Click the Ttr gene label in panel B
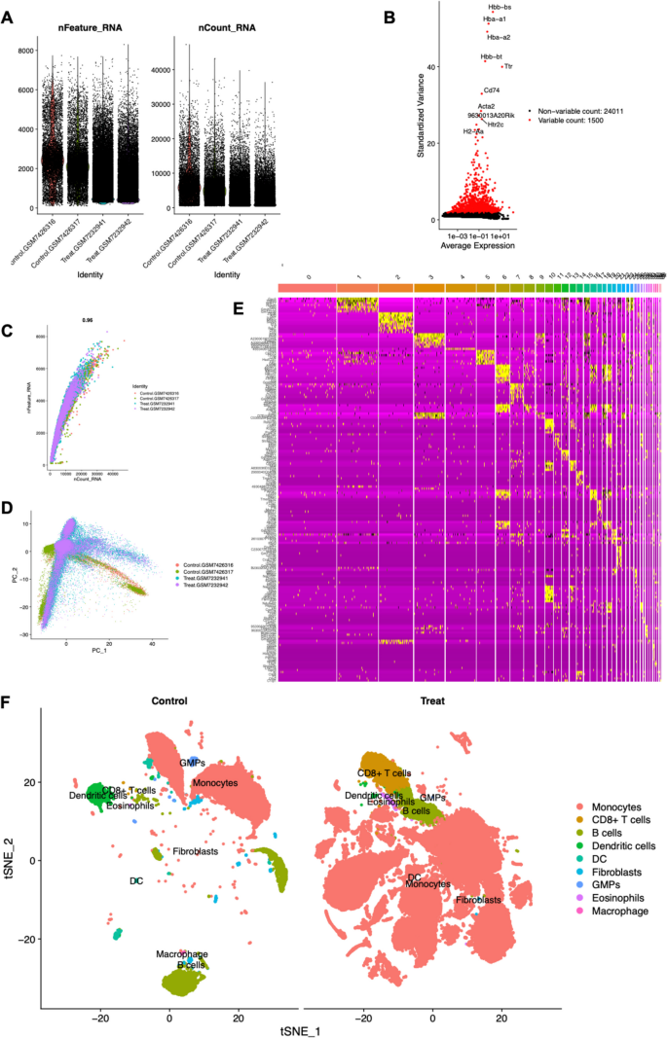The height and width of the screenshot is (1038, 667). point(508,66)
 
